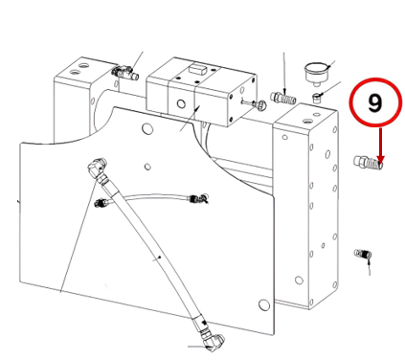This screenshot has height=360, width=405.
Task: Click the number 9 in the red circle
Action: point(375,102)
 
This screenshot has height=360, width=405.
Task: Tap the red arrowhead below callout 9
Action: point(380,159)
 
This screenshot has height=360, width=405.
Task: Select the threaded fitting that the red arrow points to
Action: point(368,163)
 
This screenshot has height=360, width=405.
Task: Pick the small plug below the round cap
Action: point(316,98)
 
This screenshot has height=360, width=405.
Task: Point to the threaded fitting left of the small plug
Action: point(282,97)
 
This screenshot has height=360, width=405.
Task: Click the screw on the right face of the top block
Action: point(255,102)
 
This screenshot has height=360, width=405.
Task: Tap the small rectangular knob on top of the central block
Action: point(198,68)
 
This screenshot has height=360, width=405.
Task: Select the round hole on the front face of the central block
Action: point(181,103)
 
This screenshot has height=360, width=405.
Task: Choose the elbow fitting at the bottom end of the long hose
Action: point(212,342)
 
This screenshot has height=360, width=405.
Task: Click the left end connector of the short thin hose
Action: point(101,202)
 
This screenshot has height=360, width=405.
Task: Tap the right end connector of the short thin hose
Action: point(199,198)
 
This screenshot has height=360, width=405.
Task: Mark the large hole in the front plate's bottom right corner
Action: point(263,304)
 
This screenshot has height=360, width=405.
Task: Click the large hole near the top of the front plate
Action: point(147,128)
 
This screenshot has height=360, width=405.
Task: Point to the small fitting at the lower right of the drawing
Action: point(363,255)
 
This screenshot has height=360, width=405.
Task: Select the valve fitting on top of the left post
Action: point(125,73)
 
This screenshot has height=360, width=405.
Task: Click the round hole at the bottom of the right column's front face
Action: point(299,281)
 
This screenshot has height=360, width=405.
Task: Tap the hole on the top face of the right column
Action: point(307,122)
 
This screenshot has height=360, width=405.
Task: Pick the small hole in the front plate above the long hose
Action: point(147,167)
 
